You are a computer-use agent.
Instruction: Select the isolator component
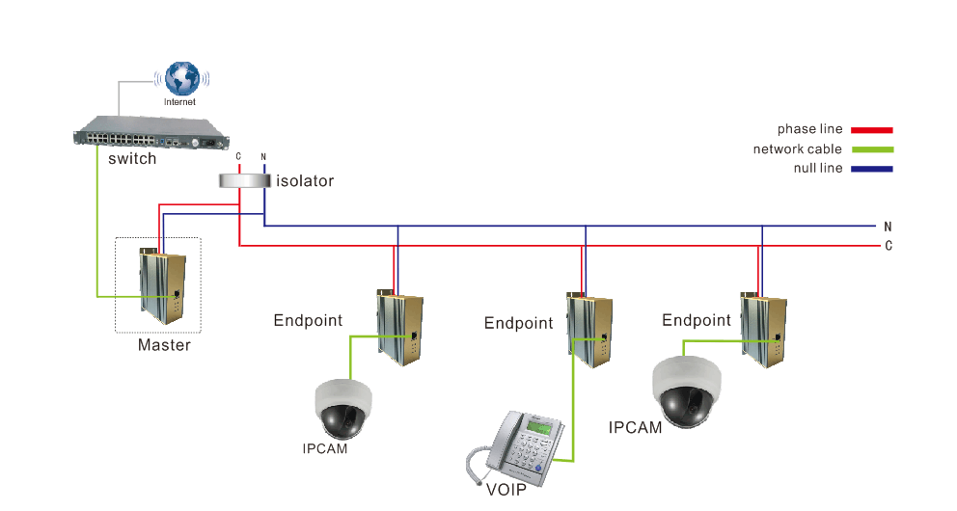coord(243,181)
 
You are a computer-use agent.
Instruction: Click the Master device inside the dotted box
coord(162,284)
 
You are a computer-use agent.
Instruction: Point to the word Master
coord(164,345)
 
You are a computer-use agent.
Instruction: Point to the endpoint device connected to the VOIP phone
coord(588,329)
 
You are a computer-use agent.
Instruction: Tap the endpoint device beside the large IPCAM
coord(762,326)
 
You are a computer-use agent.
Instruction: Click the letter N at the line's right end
coord(888,226)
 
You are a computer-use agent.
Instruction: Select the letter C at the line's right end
coord(888,246)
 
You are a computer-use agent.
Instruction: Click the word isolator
coord(305,181)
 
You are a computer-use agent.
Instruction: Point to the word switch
coord(132,159)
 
